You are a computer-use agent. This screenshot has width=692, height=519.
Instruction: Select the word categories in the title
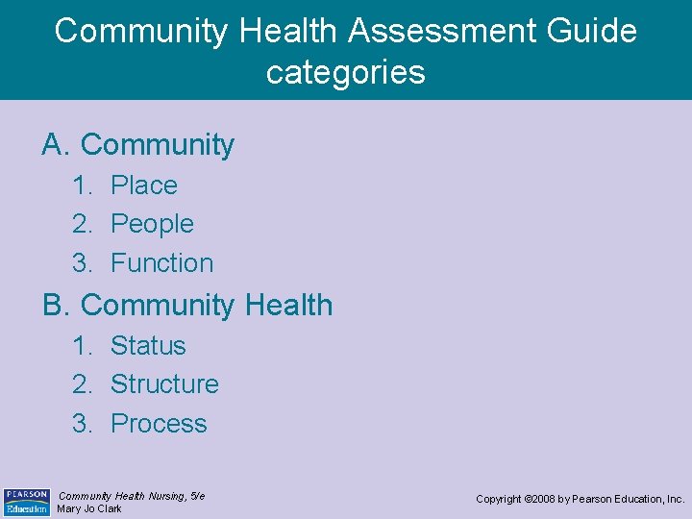346,72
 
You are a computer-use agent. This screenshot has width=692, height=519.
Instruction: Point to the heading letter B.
54,306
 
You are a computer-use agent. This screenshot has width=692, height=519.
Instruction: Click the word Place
144,185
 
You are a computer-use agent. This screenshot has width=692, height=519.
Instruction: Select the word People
152,224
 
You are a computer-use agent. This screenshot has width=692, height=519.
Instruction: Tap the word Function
161,262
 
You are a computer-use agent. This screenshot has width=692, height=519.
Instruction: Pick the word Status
148,345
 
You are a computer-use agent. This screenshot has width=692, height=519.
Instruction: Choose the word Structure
164,384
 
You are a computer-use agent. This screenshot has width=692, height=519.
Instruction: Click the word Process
159,424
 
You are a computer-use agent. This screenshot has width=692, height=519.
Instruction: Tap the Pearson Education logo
27,501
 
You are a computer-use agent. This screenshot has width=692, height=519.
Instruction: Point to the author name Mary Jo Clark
89,508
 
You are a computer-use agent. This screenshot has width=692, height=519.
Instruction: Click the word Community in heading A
158,145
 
